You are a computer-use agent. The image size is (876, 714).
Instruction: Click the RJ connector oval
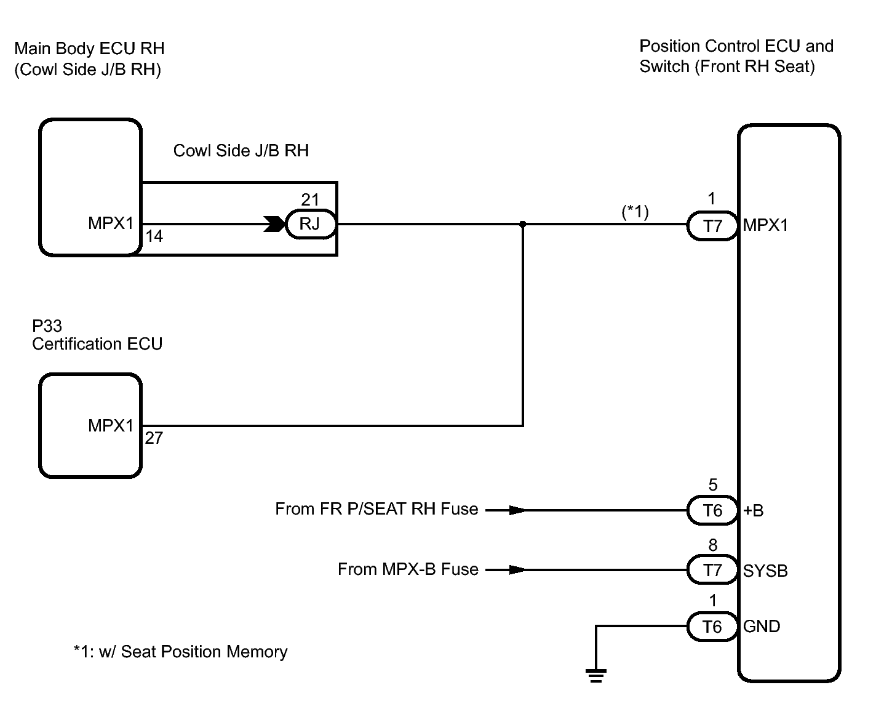311,224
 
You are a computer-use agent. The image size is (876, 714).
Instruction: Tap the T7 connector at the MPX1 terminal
712,226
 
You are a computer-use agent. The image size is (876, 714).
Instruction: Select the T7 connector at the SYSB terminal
712,570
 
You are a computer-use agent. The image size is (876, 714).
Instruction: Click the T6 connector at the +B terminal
712,511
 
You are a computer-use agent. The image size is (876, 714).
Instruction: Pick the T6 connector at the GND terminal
712,627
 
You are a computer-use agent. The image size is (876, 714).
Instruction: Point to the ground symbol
596,676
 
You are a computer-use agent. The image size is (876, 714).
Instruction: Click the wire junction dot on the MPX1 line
523,224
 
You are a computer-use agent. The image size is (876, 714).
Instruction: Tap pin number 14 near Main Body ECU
154,236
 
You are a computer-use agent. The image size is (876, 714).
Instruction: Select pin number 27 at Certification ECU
154,438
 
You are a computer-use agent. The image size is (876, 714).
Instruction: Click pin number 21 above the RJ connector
310,200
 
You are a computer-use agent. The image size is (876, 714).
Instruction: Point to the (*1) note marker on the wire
635,212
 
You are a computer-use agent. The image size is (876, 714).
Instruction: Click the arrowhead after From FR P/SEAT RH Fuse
517,510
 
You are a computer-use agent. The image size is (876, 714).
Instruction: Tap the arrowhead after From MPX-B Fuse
517,570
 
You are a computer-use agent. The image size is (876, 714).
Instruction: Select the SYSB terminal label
765,571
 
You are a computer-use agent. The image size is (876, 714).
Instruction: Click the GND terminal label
762,627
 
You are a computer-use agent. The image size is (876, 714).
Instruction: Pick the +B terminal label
754,511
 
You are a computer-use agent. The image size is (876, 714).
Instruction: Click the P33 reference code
47,326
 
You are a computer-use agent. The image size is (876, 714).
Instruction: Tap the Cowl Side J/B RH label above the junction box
241,151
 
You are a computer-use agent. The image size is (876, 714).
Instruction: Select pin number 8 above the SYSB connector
713,545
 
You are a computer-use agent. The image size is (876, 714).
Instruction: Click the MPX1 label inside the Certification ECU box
111,425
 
